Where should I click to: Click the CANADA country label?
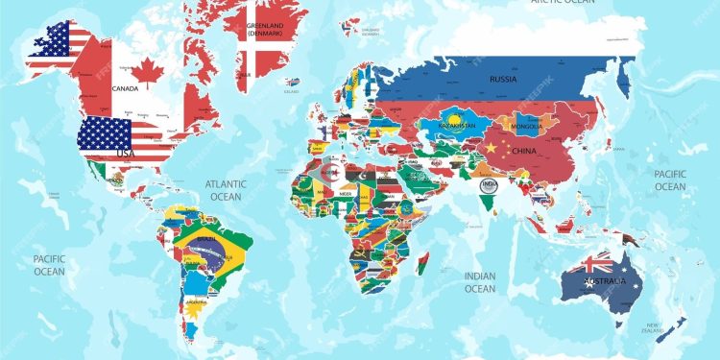click(125, 87)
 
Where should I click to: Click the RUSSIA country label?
click(502, 79)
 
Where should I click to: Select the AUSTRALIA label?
click(608, 281)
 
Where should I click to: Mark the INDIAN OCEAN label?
click(480, 282)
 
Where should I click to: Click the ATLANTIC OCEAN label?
click(227, 190)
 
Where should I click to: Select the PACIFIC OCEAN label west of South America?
click(49, 265)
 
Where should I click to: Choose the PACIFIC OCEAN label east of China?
click(671, 180)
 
